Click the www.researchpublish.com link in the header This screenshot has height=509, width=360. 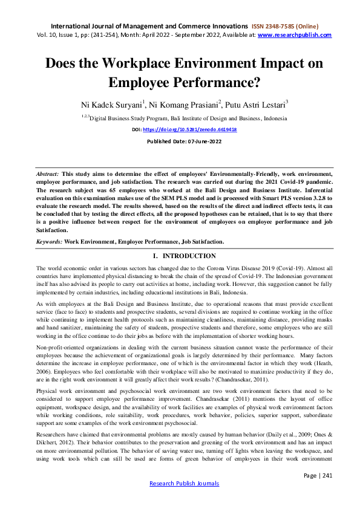[295, 35]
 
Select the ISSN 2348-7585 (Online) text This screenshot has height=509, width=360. [292, 27]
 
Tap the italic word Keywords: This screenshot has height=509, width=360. [50, 241]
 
